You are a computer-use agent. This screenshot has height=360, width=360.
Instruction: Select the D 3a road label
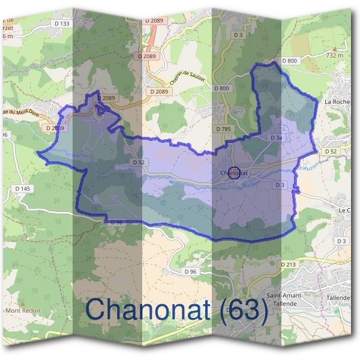[276, 137]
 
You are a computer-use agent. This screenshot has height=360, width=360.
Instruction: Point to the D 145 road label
[22, 189]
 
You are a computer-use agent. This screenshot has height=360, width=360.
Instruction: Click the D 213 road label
[289, 263]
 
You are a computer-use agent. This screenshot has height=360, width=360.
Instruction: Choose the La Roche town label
[337, 101]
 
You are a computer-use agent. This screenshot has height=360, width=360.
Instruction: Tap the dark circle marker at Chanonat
[235, 173]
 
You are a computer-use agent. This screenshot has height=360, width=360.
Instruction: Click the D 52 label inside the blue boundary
[139, 163]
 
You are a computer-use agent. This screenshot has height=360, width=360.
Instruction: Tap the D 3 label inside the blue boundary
[280, 185]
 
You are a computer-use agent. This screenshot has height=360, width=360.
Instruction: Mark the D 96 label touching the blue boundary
[117, 223]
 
